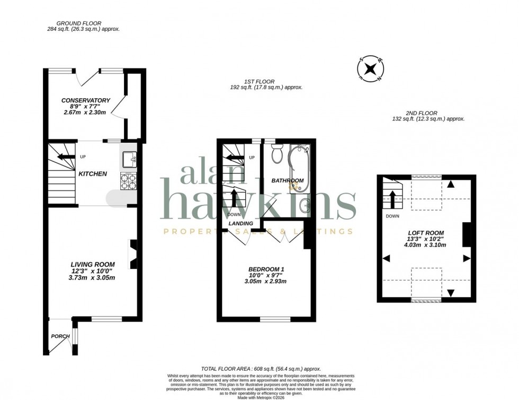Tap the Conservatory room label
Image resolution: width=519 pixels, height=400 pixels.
tap(85, 100)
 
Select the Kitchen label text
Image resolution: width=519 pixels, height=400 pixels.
tap(93, 173)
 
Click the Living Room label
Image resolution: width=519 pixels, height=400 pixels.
tap(93, 264)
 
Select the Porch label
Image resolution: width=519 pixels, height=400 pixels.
tap(60, 336)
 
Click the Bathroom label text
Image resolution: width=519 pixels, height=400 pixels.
tap(288, 180)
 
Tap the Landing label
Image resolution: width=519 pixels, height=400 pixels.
tap(240, 223)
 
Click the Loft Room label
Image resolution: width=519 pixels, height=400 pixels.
tap(426, 233)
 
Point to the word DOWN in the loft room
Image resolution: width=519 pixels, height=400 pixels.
tap(392, 216)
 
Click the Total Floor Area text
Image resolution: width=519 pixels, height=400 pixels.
tap(261, 369)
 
